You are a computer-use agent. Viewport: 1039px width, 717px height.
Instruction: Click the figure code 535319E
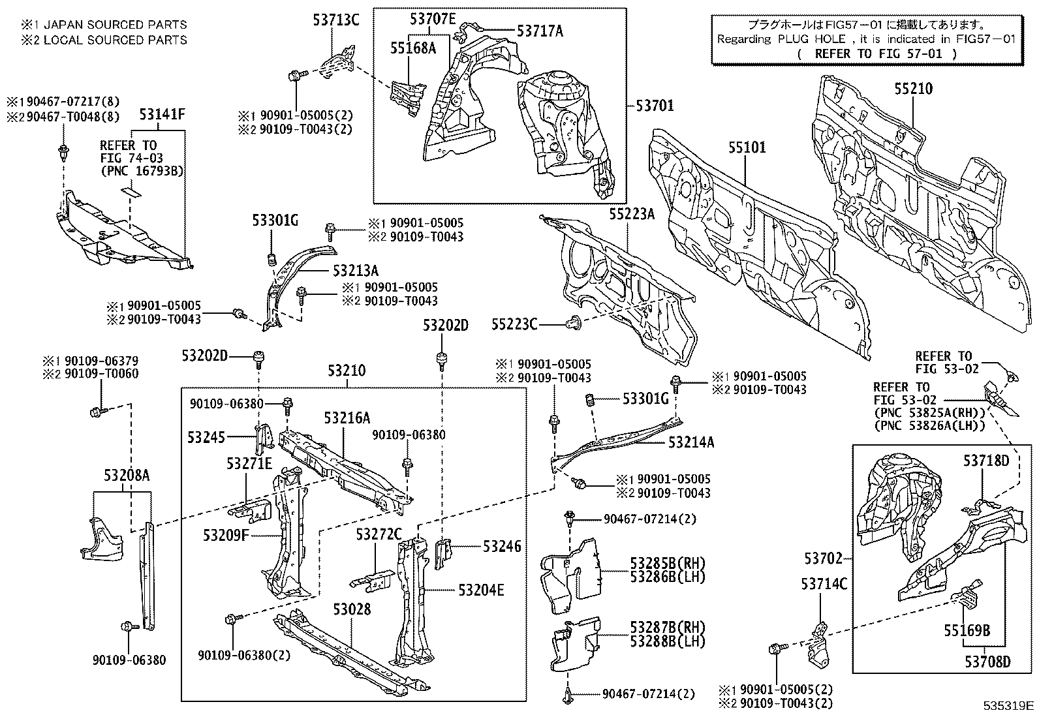[1009, 706]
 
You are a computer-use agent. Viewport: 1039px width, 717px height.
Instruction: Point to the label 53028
[351, 609]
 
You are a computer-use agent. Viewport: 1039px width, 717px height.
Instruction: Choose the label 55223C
[514, 324]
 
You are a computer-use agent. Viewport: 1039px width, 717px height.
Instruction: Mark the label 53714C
[824, 584]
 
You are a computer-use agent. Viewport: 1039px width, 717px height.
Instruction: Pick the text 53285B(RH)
[668, 562]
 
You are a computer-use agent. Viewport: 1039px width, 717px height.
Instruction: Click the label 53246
[502, 546]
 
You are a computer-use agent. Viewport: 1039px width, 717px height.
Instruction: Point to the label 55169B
[967, 631]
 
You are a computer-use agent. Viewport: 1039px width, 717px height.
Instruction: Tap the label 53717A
[539, 30]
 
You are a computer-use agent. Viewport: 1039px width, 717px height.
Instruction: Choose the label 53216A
[347, 418]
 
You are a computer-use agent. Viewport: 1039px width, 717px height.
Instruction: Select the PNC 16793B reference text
[141, 171]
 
